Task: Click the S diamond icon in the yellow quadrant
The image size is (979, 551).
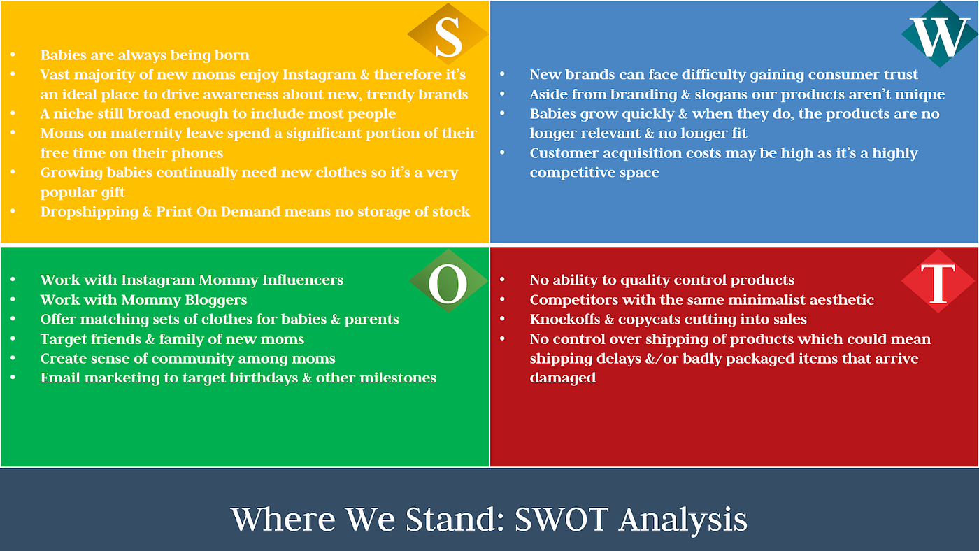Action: (448, 34)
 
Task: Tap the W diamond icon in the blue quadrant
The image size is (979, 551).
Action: (940, 34)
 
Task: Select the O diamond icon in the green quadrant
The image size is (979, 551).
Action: (448, 281)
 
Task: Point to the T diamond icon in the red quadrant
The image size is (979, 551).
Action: (938, 281)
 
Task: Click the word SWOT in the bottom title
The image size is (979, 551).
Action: (562, 519)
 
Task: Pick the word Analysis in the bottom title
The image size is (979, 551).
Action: (683, 521)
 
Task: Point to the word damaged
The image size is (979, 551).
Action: (562, 378)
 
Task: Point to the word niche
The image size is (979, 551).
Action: (73, 114)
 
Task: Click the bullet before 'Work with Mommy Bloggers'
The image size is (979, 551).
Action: (13, 300)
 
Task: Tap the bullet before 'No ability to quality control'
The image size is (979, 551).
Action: (502, 280)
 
